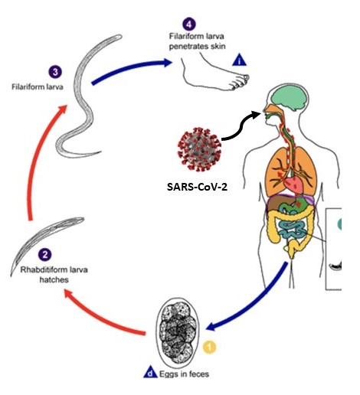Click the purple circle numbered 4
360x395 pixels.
(x=189, y=24)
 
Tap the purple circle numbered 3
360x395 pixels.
(x=55, y=72)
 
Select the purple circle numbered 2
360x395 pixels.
(x=45, y=255)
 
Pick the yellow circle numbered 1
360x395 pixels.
(x=209, y=347)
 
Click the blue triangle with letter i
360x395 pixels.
(x=239, y=60)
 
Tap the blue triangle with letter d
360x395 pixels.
(x=151, y=373)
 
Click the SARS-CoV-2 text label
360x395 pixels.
(x=197, y=187)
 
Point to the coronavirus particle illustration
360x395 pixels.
(x=199, y=149)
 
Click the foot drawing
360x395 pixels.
(x=216, y=74)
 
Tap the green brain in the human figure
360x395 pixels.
(x=289, y=98)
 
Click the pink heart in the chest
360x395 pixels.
(x=293, y=184)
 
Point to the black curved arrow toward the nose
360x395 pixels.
(x=243, y=127)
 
